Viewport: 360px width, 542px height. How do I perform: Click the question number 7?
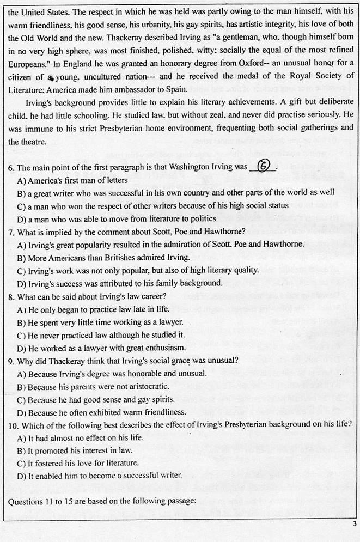(11, 231)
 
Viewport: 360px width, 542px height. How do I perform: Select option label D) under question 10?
(22, 475)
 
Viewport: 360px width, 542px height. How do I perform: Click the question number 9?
(11, 361)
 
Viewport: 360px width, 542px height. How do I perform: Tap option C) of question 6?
(22, 206)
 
